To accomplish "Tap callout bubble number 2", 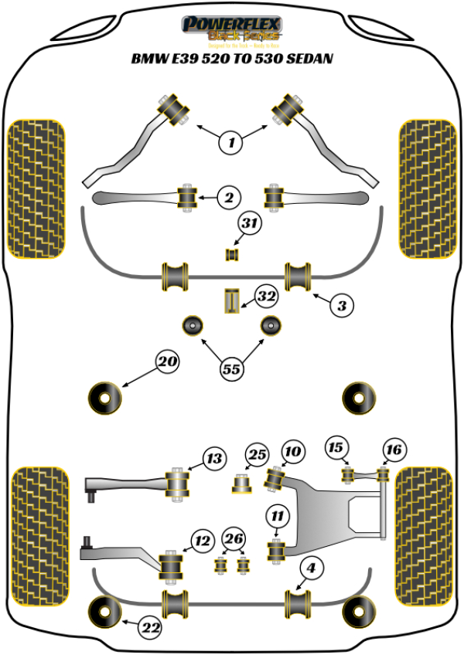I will click(x=228, y=199).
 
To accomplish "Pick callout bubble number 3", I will click(x=341, y=305).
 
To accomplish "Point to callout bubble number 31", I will click(x=248, y=224).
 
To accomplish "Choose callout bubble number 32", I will click(x=266, y=297).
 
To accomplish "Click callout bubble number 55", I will click(x=231, y=369).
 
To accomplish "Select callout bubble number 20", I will click(x=168, y=360).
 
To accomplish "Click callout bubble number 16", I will click(x=393, y=449).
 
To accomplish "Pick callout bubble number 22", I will click(x=151, y=628).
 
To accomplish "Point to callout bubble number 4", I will click(x=311, y=569).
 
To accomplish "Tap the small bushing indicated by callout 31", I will click(x=231, y=254).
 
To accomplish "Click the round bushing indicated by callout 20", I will click(x=105, y=397).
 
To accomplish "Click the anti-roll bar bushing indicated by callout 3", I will click(x=299, y=277).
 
